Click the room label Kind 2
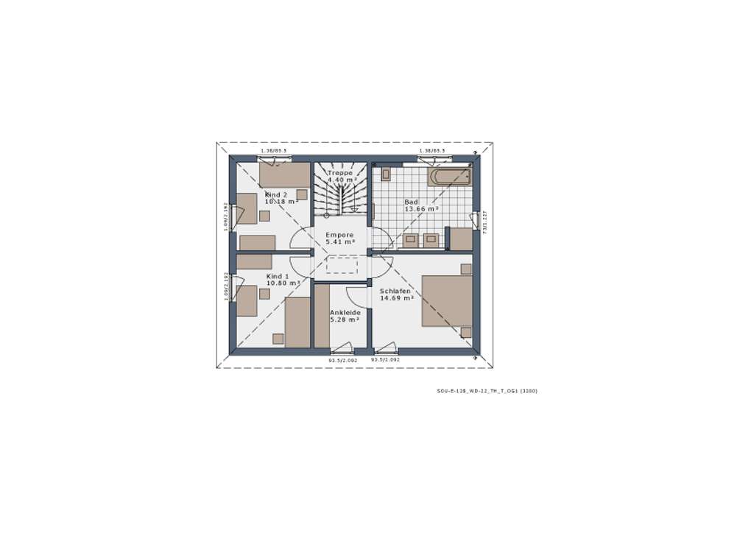pos(276,194)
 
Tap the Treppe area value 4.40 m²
pos(342,180)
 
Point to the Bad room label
pos(411,202)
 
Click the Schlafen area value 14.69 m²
pos(396,298)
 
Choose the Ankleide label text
pos(345,312)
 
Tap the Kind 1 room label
pos(278,276)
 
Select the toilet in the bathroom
pos(385,174)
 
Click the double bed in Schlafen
pos(446,300)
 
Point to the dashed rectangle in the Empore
pos(342,265)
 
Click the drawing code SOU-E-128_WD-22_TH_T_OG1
pos(487,391)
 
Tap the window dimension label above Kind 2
pos(274,151)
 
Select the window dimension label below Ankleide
pos(342,360)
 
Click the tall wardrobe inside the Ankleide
pos(322,316)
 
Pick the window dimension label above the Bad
pos(432,151)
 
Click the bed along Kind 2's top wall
pos(284,175)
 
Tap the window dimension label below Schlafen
pos(385,360)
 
